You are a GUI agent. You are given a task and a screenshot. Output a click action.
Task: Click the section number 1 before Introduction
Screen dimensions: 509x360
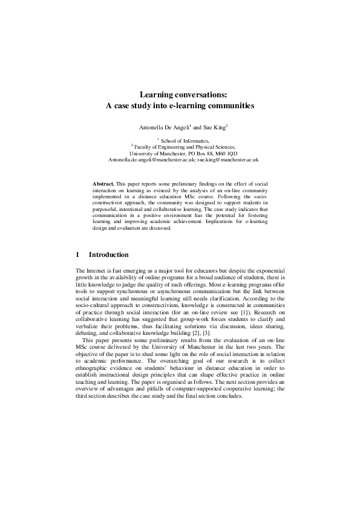(78, 254)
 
